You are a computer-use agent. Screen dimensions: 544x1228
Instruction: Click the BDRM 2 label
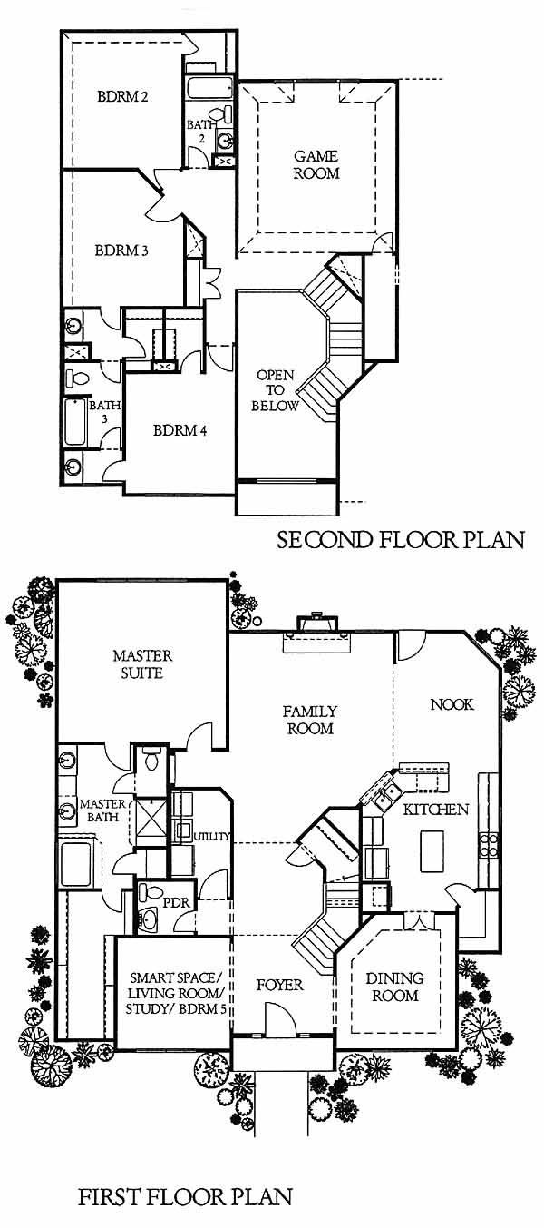point(122,97)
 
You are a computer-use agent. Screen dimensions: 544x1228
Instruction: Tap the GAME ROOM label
point(316,165)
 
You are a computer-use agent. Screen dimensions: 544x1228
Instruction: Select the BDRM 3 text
point(121,251)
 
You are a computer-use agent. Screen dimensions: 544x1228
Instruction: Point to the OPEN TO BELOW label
point(276,390)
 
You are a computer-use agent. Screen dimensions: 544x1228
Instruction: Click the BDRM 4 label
point(180,430)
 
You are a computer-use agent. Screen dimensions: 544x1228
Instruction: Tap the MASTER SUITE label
point(142,663)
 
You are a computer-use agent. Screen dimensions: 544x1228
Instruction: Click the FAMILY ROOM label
point(309,720)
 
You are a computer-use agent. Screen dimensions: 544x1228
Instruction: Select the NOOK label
point(452,704)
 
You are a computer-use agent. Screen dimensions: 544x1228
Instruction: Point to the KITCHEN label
point(436,810)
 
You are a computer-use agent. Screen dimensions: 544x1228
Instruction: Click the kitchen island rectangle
point(432,851)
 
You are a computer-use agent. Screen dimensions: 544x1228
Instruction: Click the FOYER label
point(279,985)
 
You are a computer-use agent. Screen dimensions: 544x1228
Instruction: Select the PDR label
point(177,902)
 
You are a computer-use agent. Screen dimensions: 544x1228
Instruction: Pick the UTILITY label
point(211,837)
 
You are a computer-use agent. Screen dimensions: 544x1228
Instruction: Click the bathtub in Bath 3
point(75,422)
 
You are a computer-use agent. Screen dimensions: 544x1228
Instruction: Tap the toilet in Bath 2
point(222,114)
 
